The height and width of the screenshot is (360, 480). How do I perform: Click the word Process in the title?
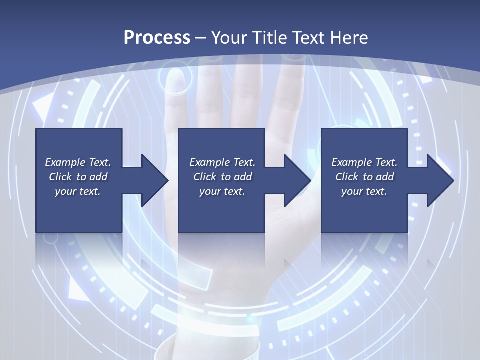pyautogui.click(x=157, y=37)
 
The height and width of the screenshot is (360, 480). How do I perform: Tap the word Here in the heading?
pyautogui.click(x=349, y=37)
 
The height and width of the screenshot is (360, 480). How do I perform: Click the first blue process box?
pyautogui.click(x=79, y=210)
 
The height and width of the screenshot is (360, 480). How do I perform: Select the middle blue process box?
pyautogui.click(x=221, y=210)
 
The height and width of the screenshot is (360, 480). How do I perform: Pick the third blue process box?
pyautogui.click(x=364, y=210)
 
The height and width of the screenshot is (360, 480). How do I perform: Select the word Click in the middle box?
pyautogui.click(x=205, y=177)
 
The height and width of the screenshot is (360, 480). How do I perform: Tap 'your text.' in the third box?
pyautogui.click(x=364, y=191)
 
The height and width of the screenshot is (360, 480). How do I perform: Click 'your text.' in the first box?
pyautogui.click(x=78, y=191)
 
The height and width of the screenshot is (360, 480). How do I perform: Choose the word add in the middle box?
pyautogui.click(x=242, y=177)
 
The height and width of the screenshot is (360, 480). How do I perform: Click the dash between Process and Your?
pyautogui.click(x=201, y=38)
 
